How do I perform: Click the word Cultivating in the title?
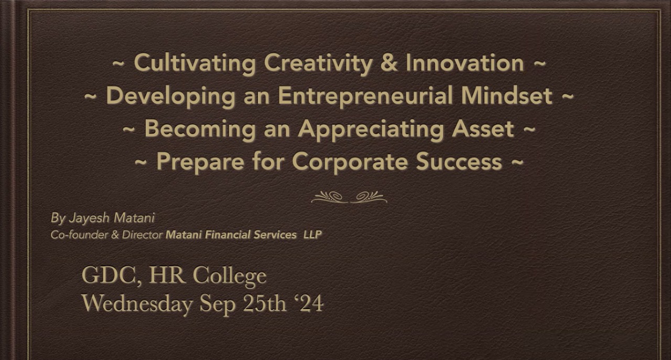point(194,63)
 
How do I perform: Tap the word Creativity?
point(318,64)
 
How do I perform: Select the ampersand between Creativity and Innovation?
point(389,63)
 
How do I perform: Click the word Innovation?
point(465,63)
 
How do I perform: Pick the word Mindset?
point(506,95)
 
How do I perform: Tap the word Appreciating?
point(371,129)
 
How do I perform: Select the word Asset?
point(483,129)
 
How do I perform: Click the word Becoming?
point(200,129)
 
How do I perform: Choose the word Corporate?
point(350,162)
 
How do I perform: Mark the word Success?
point(459,161)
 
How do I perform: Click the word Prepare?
point(200,162)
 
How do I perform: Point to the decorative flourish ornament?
point(349,197)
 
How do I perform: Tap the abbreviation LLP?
point(312,235)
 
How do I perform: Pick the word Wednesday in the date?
point(137,304)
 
